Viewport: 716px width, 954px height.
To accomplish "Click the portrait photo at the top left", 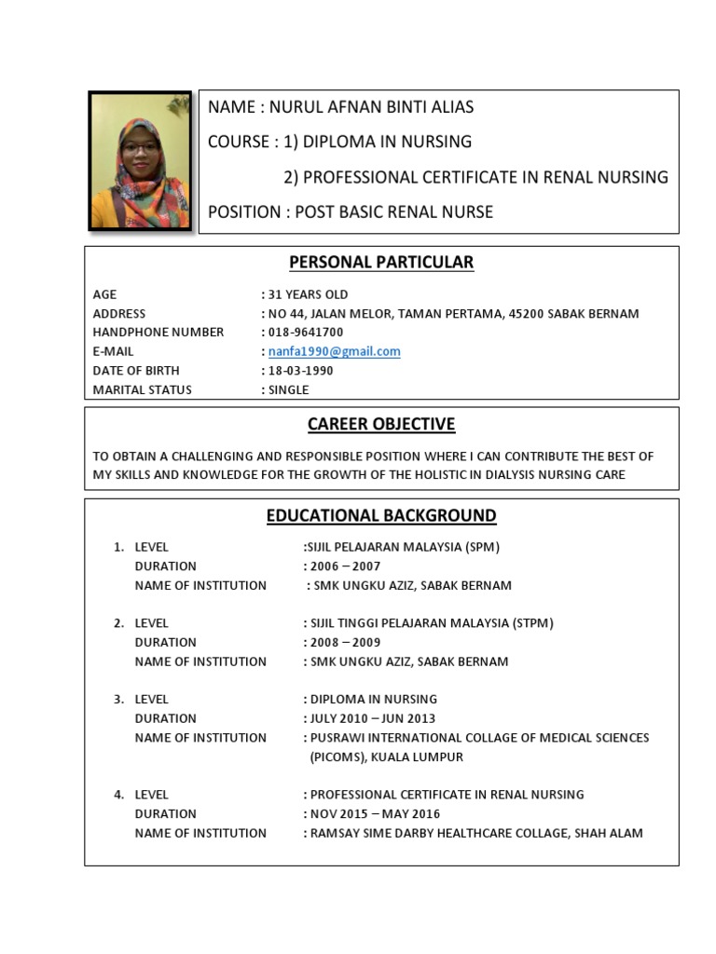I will coord(140,160).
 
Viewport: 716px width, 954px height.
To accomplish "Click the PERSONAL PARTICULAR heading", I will coord(381,263).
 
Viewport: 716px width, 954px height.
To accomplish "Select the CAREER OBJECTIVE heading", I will coord(381,425).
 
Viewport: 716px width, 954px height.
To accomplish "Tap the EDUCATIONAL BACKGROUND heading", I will coord(381,516).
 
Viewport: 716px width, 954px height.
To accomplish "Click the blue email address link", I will coord(334,351).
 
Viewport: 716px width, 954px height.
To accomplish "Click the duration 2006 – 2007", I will coord(345,566).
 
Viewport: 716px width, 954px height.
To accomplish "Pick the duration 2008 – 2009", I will coord(345,643).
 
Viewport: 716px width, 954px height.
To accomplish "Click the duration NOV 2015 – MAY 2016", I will coord(373,814).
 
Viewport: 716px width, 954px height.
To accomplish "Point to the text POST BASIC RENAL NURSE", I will coord(394,212).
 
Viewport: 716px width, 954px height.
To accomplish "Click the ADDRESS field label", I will coord(119,314).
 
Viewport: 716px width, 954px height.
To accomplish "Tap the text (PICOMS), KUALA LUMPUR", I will coord(386,757).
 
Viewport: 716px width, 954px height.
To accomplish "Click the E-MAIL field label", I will coord(114,351).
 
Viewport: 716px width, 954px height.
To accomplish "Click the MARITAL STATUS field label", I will coord(142,390).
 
